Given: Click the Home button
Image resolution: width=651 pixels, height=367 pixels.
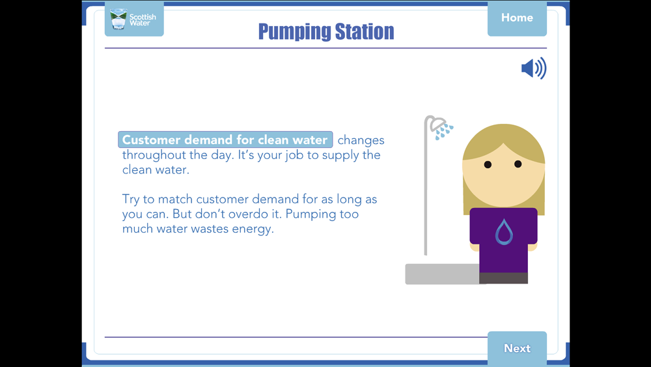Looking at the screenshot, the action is click(517, 18).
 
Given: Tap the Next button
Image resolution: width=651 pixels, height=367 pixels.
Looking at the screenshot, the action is click(517, 348).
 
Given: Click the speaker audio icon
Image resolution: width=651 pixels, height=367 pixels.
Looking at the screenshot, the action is click(534, 68).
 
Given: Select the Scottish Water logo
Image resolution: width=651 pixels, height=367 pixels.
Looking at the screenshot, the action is click(134, 19).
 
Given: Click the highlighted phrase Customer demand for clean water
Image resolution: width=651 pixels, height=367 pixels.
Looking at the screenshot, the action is click(225, 139).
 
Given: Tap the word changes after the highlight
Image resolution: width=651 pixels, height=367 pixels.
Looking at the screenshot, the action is click(361, 140).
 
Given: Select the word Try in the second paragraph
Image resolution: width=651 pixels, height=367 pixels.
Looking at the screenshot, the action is click(131, 199).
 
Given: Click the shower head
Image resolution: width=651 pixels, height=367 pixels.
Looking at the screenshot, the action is click(437, 123).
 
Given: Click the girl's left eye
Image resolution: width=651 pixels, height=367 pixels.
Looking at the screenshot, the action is click(488, 164).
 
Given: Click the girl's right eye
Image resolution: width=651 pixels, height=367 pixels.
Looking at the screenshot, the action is click(518, 164).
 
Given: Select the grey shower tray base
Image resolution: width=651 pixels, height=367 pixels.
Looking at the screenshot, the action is click(443, 274).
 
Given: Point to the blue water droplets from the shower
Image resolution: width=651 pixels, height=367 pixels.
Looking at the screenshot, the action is click(444, 131).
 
